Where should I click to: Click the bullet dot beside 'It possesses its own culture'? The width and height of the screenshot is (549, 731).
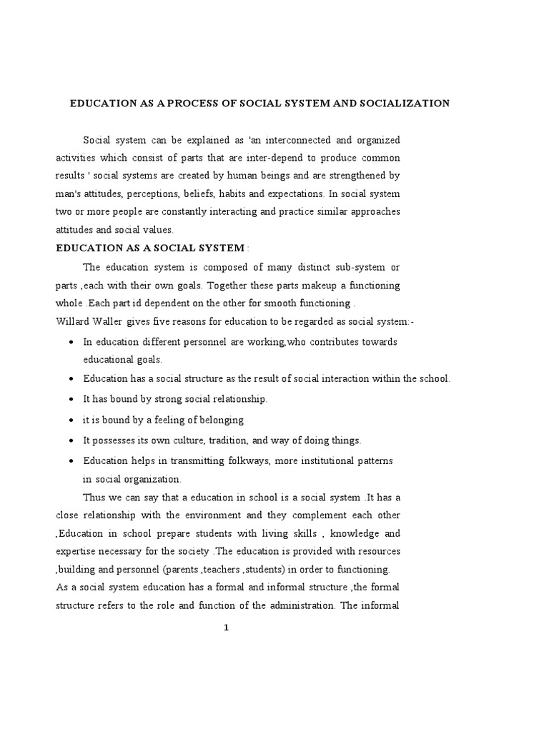coord(71,440)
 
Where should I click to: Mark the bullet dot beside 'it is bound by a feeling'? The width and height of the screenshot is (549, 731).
coord(71,420)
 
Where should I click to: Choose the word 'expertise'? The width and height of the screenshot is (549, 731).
coord(77,551)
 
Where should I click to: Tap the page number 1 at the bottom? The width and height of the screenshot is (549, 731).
coord(225,627)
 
